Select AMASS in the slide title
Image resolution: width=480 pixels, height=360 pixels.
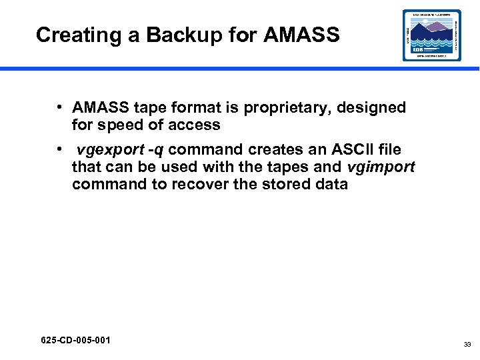coord(301,35)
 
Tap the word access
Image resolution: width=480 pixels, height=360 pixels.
coord(194,125)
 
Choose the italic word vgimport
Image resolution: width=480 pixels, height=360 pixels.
coord(381,167)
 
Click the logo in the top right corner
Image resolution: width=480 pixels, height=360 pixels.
coord(431,35)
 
